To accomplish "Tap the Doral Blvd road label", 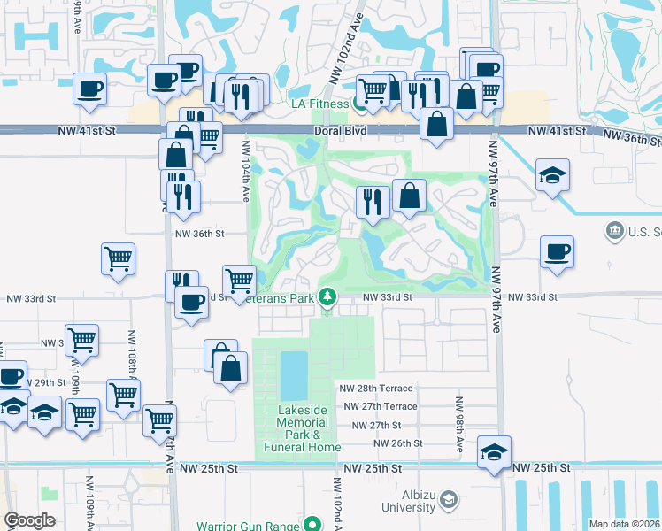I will tap(339, 131).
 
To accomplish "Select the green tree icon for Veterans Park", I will tap(328, 296).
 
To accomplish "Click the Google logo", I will tap(29, 520).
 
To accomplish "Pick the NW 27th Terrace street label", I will tap(381, 406).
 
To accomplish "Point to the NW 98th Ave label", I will tap(460, 425).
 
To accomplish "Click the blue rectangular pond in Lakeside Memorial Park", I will tap(294, 375).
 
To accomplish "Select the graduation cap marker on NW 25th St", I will tap(494, 451).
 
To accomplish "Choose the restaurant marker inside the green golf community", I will tap(373, 201).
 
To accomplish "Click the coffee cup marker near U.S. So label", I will tap(557, 251).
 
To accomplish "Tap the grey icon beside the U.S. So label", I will tap(613, 232).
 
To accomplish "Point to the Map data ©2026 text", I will tap(625, 524).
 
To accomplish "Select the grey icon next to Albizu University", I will tap(449, 501).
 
